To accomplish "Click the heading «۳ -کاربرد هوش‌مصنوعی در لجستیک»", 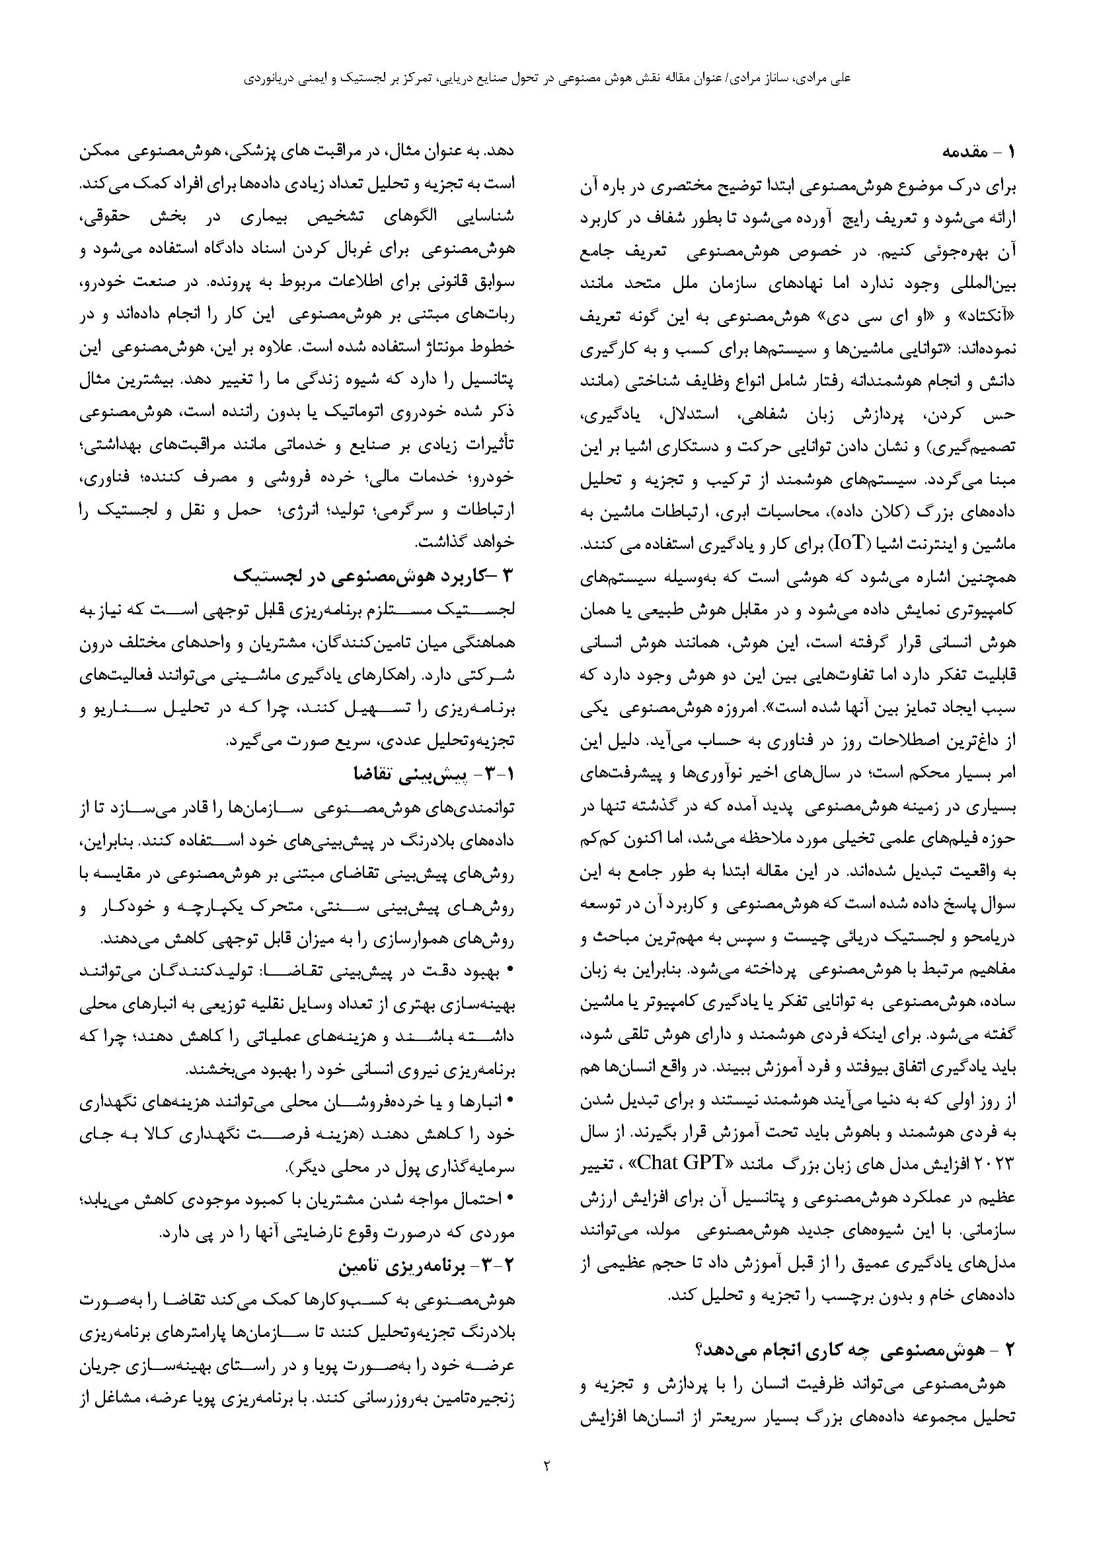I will pyautogui.click(x=373, y=575).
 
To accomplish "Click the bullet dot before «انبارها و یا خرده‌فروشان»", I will pyautogui.click(x=509, y=1100).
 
